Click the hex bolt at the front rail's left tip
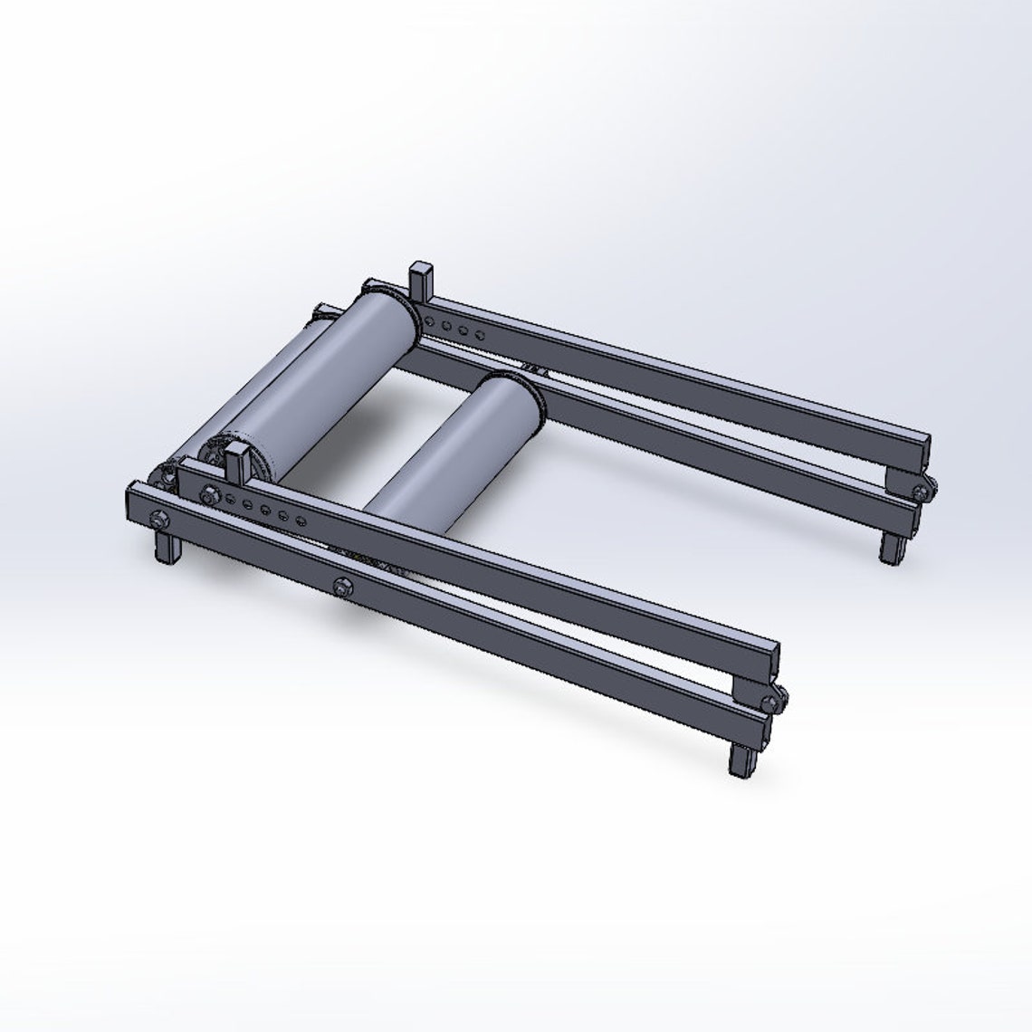[159, 519]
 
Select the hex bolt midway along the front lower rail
[341, 587]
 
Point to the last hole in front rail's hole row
[300, 521]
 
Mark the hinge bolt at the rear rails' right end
[922, 491]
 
